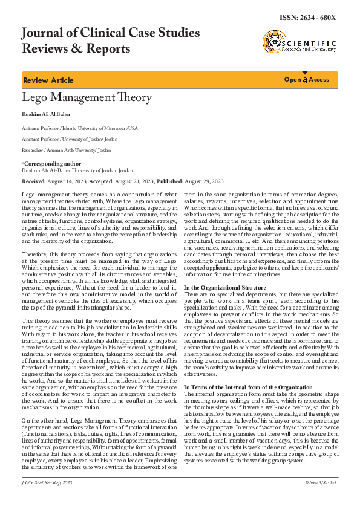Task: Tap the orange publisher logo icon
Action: pos(273,42)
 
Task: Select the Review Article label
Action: pos(48,80)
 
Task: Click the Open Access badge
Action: pos(307,80)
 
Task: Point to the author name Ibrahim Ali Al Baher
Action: pos(48,114)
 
